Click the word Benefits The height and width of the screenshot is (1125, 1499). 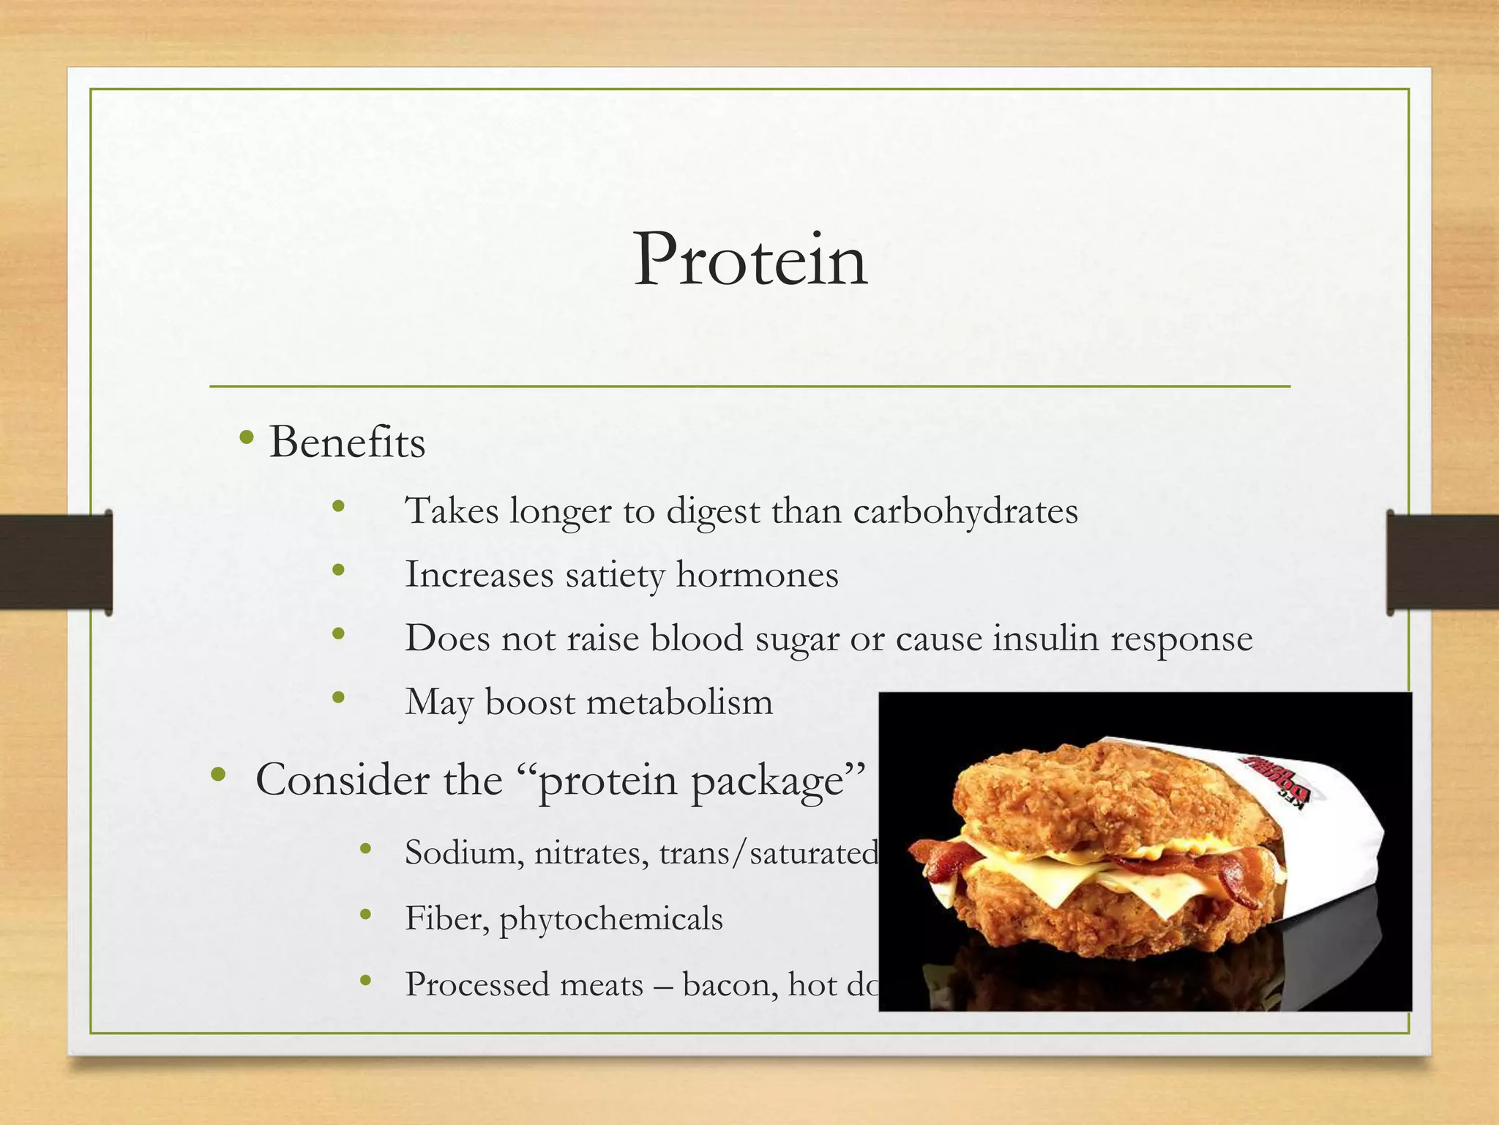tap(347, 443)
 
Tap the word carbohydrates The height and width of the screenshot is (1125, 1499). tap(965, 511)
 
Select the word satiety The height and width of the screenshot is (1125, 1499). tap(614, 575)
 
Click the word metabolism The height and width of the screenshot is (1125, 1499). tap(679, 702)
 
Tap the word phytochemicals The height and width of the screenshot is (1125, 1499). tap(610, 919)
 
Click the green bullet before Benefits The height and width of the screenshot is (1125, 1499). tap(247, 439)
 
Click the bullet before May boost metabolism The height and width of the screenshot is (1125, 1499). tap(337, 698)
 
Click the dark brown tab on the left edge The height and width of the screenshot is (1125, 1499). tap(56, 561)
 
